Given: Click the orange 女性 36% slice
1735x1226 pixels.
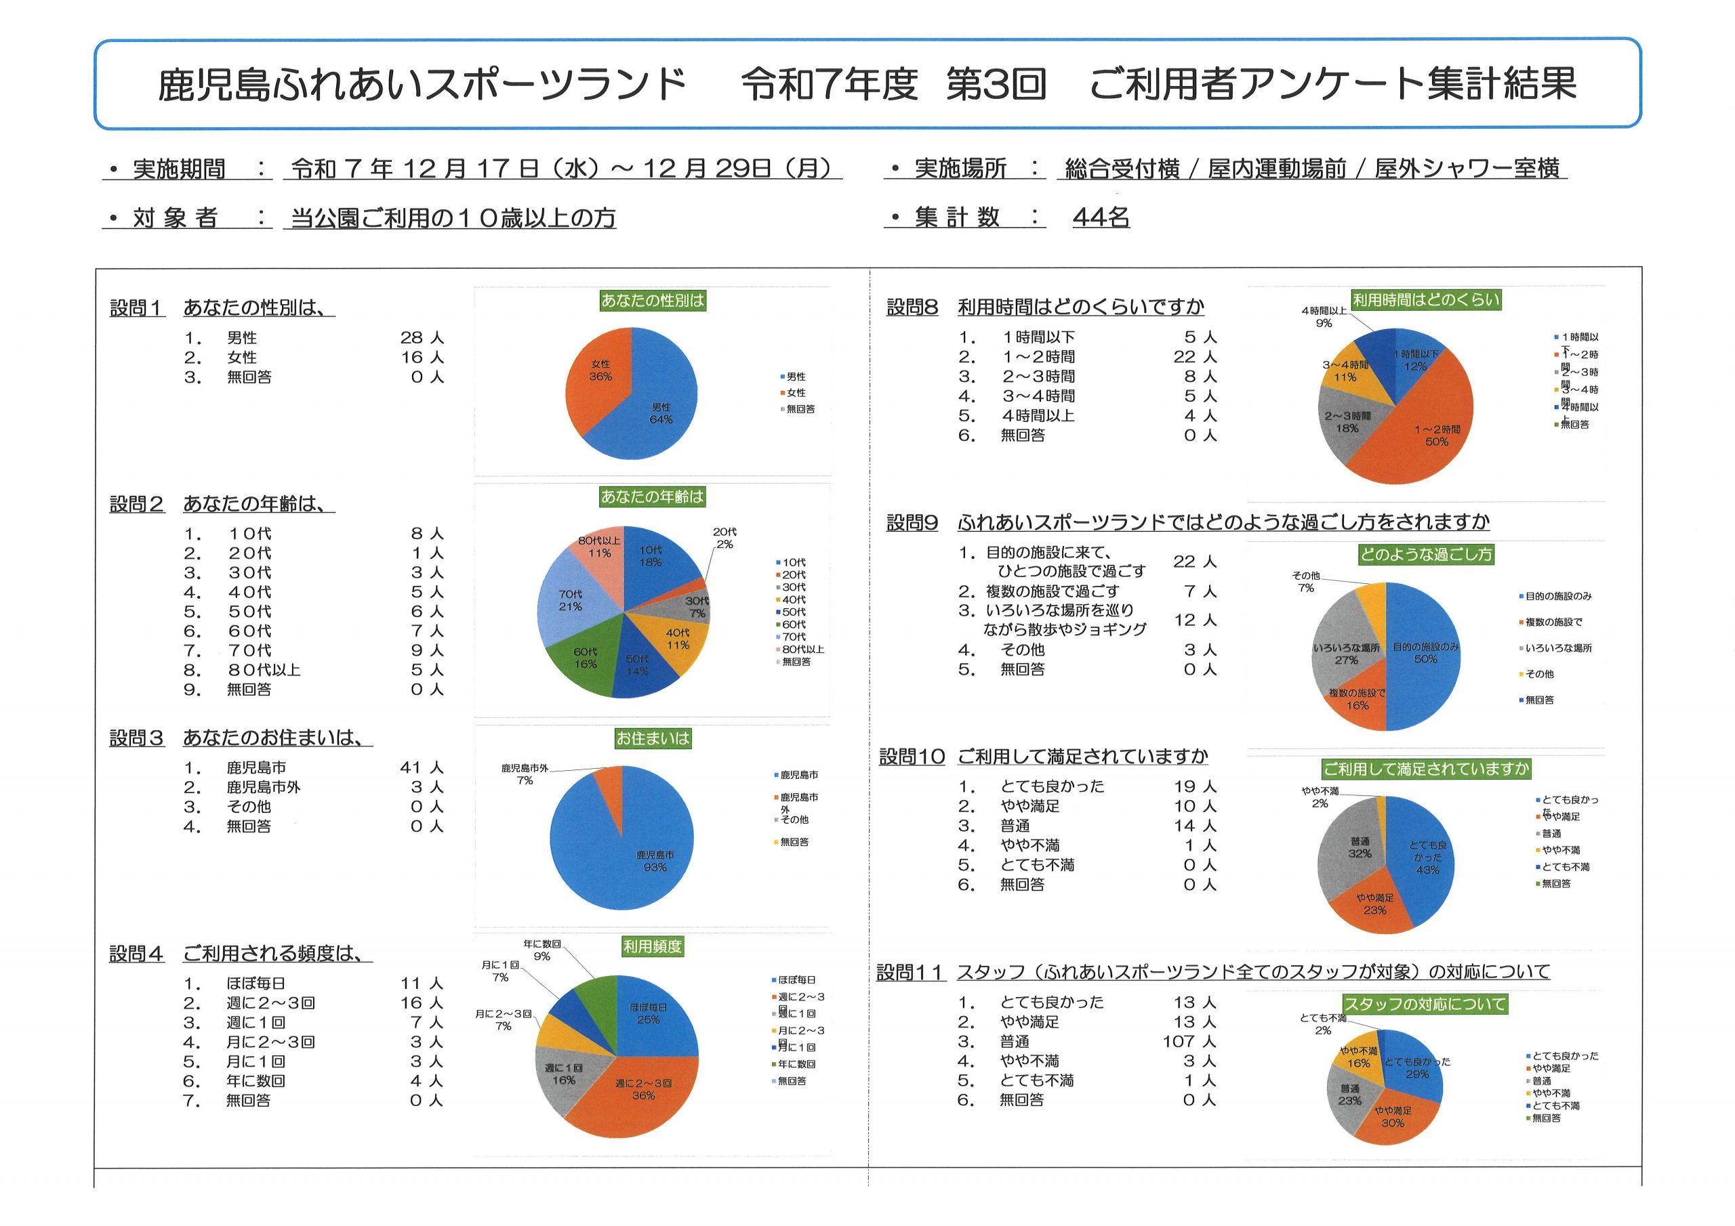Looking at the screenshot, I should tap(597, 378).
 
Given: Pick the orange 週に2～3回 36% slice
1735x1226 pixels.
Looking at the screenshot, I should tap(642, 1095).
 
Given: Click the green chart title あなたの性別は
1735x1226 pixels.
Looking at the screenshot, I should tap(652, 301).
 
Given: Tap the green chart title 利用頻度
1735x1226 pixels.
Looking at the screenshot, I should tap(652, 946).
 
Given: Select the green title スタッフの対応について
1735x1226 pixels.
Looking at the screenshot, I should tap(1425, 1004).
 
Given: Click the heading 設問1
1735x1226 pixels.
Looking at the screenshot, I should tap(137, 308).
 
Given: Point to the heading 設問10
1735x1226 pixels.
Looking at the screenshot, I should tap(912, 757).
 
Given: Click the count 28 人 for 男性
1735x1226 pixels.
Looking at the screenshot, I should tap(422, 338).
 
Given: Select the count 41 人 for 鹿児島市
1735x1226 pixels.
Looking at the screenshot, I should tap(422, 767).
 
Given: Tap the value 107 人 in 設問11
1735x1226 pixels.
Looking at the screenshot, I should tap(1189, 1042).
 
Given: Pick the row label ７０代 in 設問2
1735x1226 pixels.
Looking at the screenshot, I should tap(249, 650).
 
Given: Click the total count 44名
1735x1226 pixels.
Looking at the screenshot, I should tap(1101, 217).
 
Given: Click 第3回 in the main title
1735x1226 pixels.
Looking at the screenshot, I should tap(996, 84).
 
